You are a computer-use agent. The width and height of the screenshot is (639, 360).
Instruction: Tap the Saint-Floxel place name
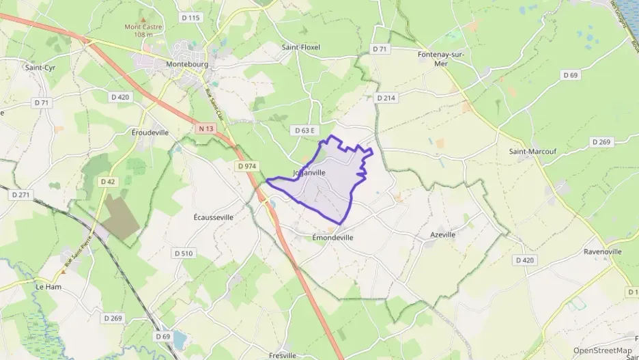point(301,47)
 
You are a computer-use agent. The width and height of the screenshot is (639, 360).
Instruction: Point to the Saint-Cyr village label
point(40,68)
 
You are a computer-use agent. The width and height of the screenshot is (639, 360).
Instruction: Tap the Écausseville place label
point(214,217)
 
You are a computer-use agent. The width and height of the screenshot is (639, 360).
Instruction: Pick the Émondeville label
point(332,238)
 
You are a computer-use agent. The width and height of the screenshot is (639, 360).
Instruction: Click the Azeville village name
point(442,234)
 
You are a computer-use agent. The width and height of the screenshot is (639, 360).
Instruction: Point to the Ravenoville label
point(603,251)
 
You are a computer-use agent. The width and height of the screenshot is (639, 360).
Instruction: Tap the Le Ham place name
point(48,287)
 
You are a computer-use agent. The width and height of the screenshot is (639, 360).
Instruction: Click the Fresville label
point(283,355)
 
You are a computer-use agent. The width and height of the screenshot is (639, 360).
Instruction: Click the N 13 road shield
point(207,128)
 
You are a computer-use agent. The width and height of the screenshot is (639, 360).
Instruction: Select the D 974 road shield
point(246,166)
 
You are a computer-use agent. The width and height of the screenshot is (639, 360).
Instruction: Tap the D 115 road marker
point(190,17)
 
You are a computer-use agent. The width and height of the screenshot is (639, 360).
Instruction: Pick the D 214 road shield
point(386,98)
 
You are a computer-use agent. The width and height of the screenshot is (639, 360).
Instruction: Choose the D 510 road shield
point(184,253)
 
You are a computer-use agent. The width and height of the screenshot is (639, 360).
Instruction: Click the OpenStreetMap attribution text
point(602,350)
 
